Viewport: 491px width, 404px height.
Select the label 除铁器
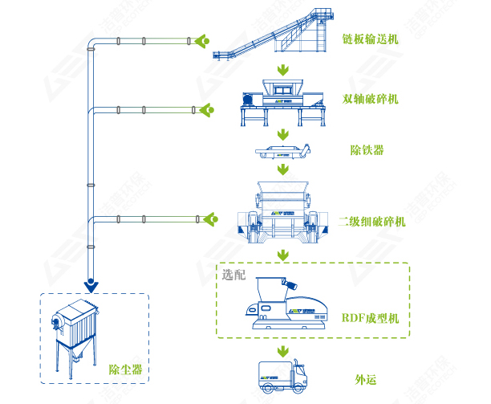(367, 150)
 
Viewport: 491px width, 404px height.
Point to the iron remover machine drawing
(282, 151)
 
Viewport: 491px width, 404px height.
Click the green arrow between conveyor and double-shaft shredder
(282, 71)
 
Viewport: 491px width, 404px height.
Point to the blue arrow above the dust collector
(94, 284)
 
